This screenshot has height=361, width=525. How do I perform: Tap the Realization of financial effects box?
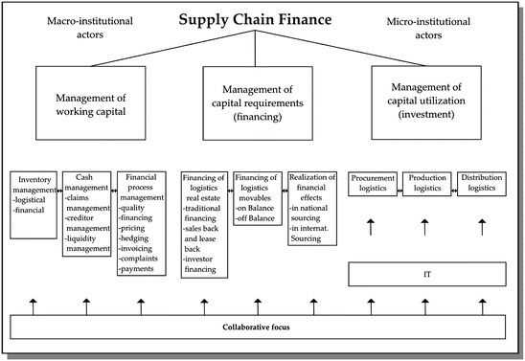pyautogui.click(x=311, y=207)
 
